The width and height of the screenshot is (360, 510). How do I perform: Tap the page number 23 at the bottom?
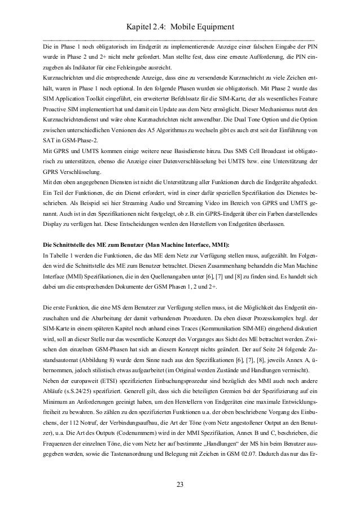point(180,484)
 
